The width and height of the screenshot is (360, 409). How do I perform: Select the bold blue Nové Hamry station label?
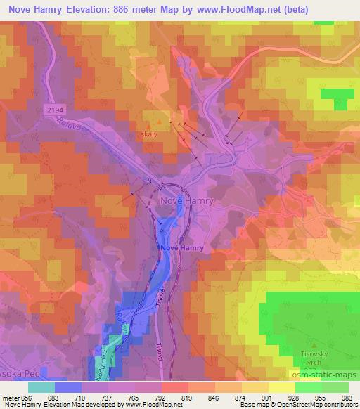pos(182,249)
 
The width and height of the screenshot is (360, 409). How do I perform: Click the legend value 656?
pos(26,398)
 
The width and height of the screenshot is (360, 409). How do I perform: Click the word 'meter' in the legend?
pos(10,398)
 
